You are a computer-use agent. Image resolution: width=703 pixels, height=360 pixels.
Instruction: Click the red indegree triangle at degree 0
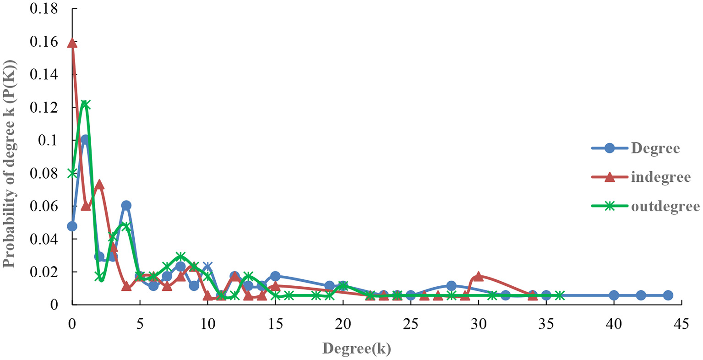click(x=72, y=43)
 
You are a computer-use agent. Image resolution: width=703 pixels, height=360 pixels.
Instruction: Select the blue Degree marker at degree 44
click(x=668, y=295)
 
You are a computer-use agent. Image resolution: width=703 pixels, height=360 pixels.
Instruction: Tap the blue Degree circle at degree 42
click(x=641, y=295)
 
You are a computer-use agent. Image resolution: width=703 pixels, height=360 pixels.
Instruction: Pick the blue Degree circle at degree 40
click(x=614, y=295)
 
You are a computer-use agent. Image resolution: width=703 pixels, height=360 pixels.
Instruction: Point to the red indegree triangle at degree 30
click(x=479, y=276)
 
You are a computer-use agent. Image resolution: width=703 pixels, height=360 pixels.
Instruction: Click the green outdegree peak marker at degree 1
click(x=85, y=105)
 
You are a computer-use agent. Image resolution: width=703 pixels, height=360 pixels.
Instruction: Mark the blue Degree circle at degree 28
click(x=451, y=286)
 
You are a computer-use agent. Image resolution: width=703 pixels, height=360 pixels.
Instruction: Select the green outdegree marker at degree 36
click(x=560, y=295)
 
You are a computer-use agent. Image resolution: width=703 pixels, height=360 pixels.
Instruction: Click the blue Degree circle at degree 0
click(x=72, y=226)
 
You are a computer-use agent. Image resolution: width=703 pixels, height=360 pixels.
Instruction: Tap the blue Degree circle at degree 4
click(x=126, y=205)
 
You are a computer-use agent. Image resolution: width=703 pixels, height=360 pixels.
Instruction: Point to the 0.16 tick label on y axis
click(x=44, y=42)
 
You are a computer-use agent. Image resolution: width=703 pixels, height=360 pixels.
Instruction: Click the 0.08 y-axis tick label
click(x=44, y=173)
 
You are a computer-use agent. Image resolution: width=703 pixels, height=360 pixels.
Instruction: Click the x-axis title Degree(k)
click(x=357, y=349)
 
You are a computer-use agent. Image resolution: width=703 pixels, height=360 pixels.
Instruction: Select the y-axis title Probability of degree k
click(x=9, y=163)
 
